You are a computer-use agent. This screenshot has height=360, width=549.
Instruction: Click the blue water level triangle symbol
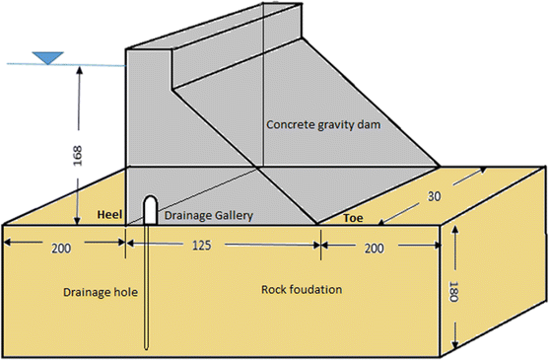[x=44, y=57]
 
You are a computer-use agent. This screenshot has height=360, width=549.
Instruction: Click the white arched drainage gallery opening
[x=149, y=207]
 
